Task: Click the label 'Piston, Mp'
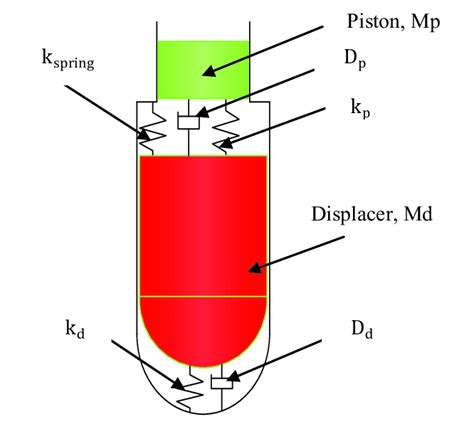coord(393,22)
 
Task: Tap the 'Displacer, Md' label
coord(372,214)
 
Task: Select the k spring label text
coord(68,60)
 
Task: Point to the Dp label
coord(355,60)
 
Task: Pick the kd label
coord(75,329)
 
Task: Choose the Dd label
coord(362,329)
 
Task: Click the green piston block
coord(203,70)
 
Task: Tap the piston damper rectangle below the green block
coord(189,122)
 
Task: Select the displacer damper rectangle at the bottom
coord(222,383)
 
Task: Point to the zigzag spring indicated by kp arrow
coord(226,128)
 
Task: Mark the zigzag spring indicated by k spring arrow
coord(152,128)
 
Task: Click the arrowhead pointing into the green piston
coord(209,71)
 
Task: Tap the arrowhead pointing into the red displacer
coord(255,268)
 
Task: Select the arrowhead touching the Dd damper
coord(233,377)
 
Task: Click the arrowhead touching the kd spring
coord(177,384)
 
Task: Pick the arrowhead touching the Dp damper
coord(203,113)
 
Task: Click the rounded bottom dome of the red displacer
coord(203,332)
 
